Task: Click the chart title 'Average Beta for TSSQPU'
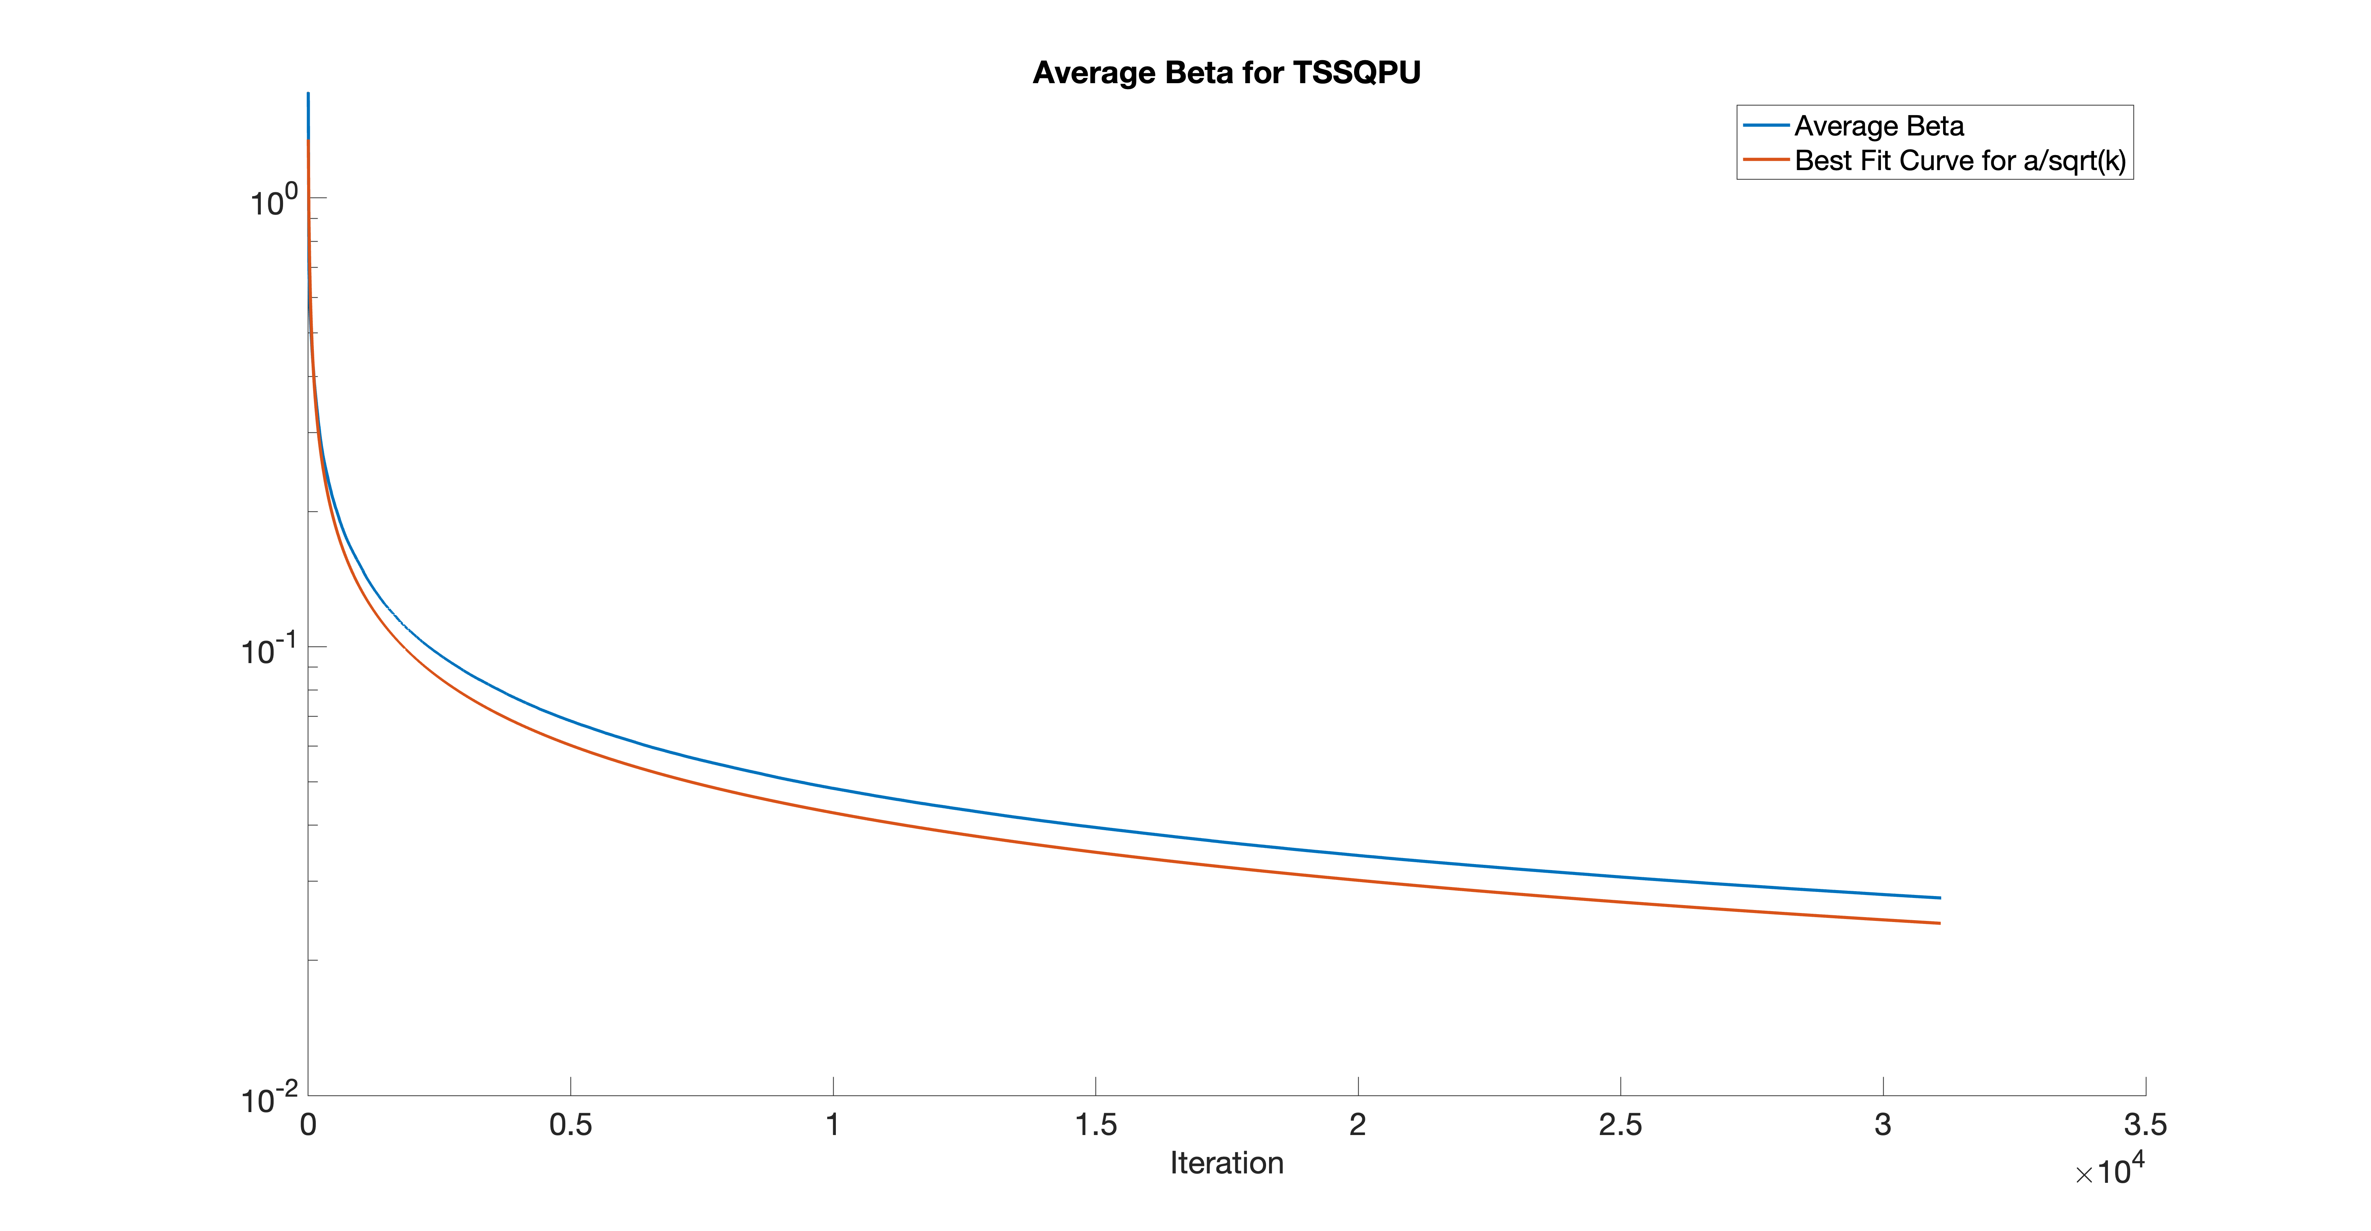1226,73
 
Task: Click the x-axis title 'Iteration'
1226,1163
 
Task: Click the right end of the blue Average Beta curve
1940,898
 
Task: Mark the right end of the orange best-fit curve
1940,924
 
